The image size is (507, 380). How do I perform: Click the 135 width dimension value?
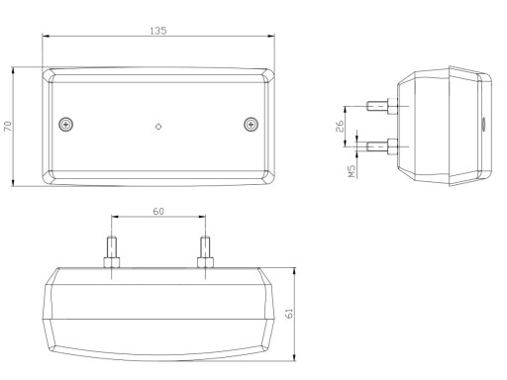click(x=158, y=31)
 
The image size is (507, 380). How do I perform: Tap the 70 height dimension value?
click(x=8, y=126)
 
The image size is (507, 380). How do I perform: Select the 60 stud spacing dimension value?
click(x=158, y=211)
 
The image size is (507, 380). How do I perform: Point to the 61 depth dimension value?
click(x=289, y=314)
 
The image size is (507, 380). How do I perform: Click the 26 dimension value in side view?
click(x=340, y=126)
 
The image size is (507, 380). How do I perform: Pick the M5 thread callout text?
click(x=353, y=171)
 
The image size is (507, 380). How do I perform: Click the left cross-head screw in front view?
click(x=66, y=125)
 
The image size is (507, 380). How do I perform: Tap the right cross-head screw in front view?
click(x=252, y=125)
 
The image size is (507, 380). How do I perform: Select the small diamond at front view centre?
click(x=158, y=127)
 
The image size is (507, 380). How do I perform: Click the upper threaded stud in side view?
click(x=382, y=106)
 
